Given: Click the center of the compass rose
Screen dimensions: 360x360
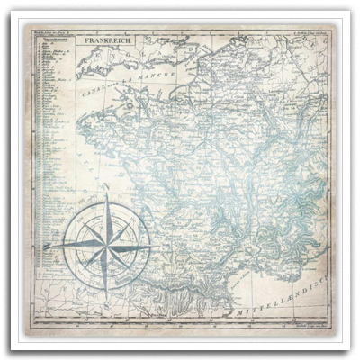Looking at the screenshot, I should pyautogui.click(x=105, y=244).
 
